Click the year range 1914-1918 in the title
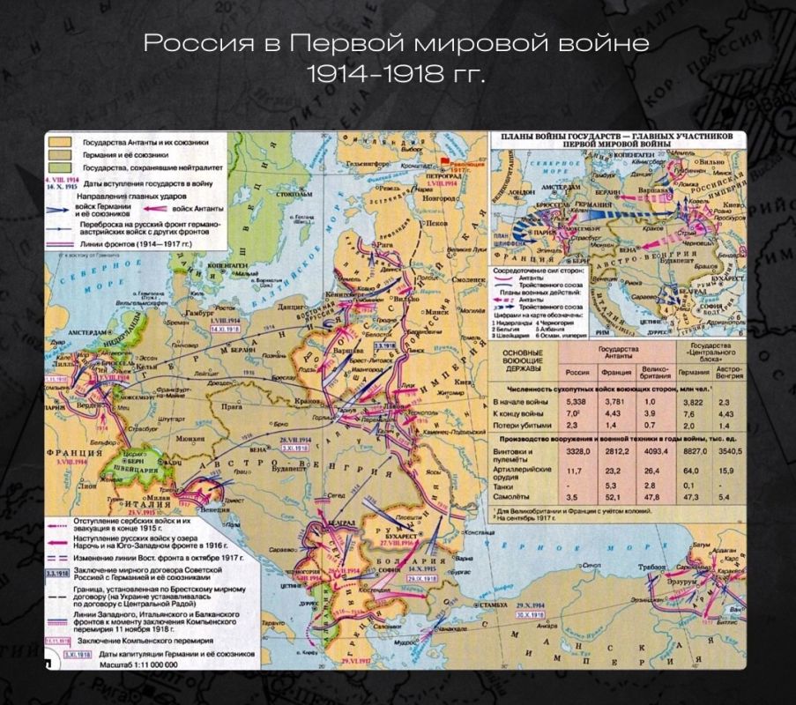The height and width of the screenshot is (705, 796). [x=396, y=74]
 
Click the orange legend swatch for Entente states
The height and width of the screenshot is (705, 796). [x=59, y=140]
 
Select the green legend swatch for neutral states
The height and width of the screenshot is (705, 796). [x=59, y=167]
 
